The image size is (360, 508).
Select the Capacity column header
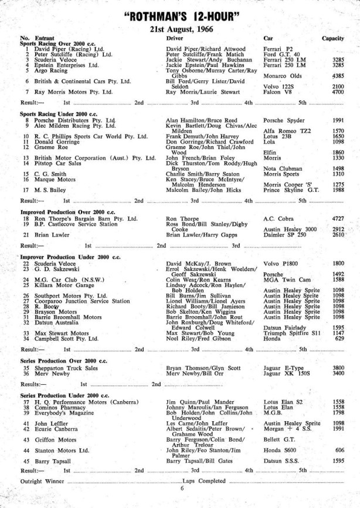332,38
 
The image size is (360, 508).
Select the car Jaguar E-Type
284,368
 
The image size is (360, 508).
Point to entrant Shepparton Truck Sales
57,368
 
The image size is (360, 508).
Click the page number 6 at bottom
182,488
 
